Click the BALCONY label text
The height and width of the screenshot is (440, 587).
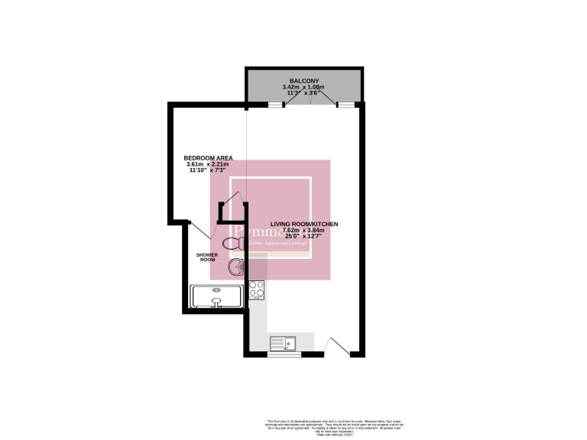[x=303, y=81]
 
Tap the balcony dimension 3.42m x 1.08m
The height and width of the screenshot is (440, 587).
[x=303, y=87]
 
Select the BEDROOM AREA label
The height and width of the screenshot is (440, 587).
[x=209, y=158]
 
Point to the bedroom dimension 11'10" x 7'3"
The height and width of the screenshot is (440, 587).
[x=209, y=170]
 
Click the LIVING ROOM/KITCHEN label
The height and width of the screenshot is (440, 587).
[x=309, y=224]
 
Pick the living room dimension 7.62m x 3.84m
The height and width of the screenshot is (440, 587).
[x=304, y=230]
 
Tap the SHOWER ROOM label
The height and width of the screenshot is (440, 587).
[x=208, y=257]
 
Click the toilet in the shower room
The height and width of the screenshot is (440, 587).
[x=238, y=242]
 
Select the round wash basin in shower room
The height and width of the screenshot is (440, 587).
[x=237, y=267]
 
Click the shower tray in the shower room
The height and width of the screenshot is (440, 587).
[x=216, y=295]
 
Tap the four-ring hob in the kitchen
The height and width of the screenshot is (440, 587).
[x=256, y=290]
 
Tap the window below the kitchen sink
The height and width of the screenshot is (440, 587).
[x=284, y=354]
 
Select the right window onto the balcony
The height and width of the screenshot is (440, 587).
[x=347, y=104]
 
